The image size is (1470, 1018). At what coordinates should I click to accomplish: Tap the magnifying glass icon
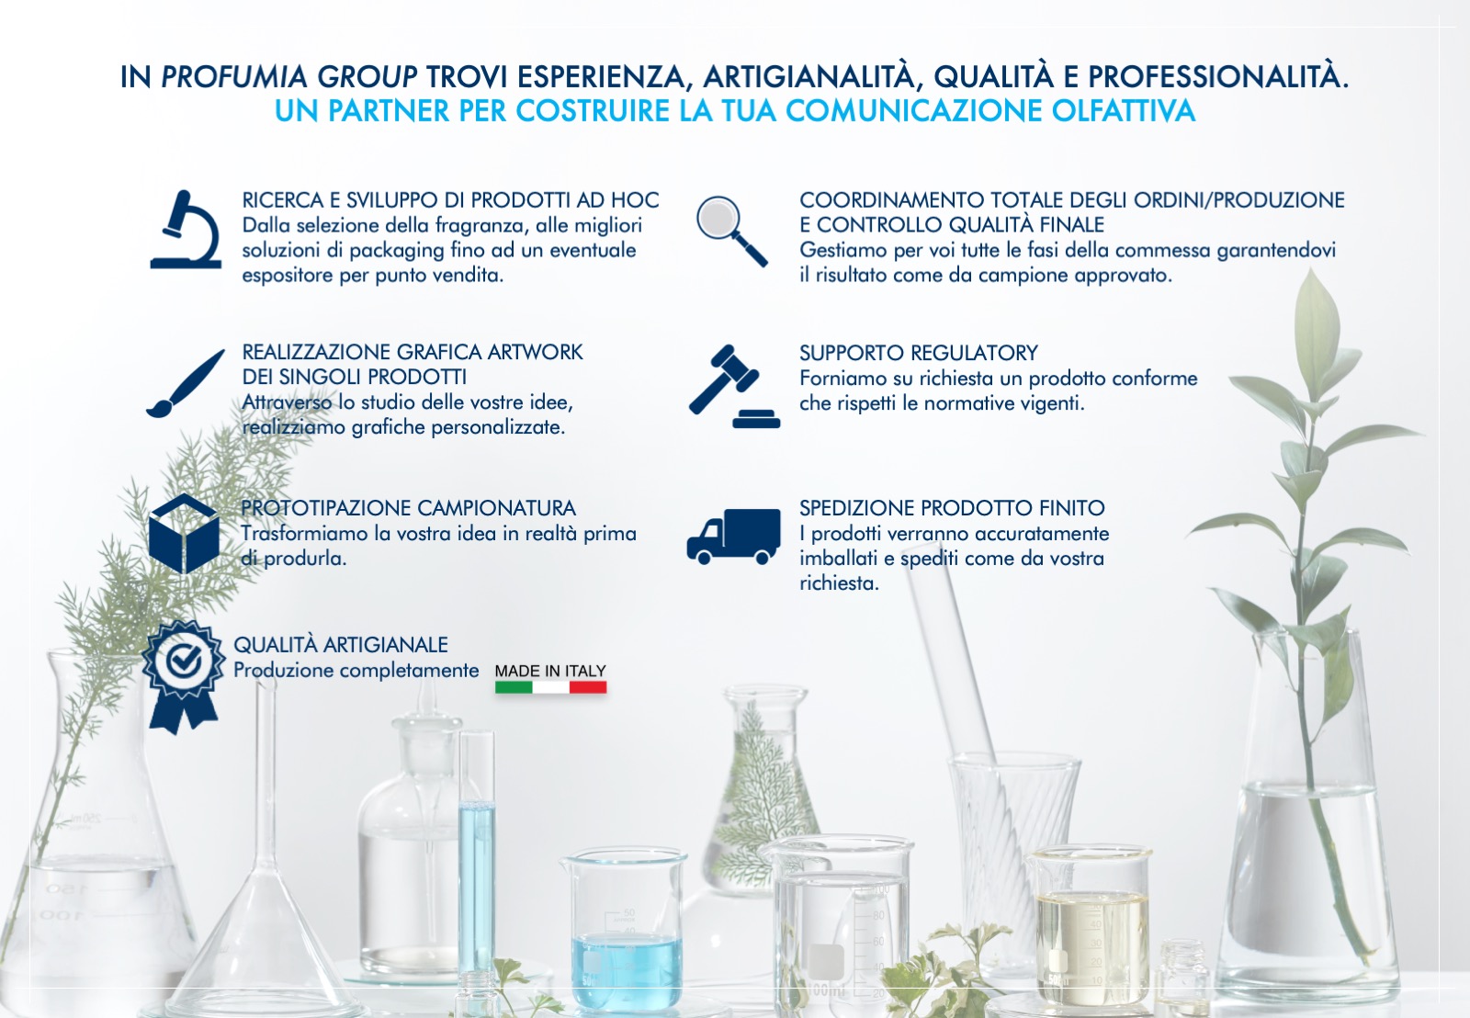731,231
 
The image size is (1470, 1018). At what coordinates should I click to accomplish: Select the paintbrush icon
185,383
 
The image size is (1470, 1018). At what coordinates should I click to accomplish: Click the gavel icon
734,387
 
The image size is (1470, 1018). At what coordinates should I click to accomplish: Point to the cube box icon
184,533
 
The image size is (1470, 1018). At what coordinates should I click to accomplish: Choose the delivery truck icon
734,537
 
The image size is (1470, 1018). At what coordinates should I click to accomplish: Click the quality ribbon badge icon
183,677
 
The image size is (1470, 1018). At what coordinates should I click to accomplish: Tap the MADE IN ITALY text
550,671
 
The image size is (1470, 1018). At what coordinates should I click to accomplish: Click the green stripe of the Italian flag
514,687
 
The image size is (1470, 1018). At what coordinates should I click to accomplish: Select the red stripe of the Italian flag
588,687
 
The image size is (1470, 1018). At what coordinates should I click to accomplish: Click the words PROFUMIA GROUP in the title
288,77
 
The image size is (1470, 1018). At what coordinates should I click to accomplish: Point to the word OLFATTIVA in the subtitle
1123,110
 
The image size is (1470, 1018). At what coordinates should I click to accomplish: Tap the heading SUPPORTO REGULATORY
918,353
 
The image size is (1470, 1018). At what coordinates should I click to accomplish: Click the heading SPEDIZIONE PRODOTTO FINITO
952,508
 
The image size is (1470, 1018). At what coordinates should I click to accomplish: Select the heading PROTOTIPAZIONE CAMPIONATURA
408,508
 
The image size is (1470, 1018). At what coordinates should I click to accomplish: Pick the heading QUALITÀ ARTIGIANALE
341,645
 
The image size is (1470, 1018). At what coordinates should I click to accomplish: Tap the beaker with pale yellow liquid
1091,925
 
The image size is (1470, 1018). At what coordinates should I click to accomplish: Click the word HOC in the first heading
635,199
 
